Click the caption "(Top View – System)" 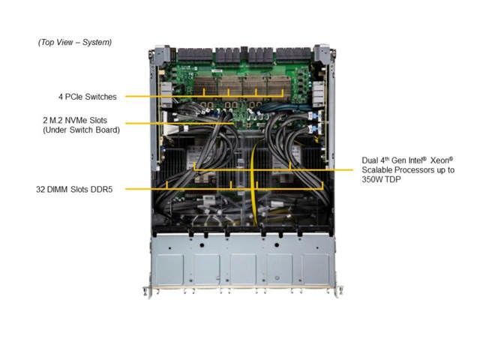75,42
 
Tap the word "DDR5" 110,188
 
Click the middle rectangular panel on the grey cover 243,268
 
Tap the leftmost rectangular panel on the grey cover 170,268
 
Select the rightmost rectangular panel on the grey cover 316,268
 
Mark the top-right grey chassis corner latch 322,54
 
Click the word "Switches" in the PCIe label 103,96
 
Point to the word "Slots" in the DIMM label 84,188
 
